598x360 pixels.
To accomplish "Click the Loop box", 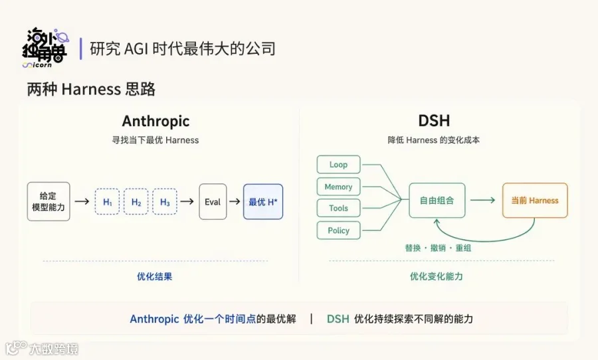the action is (338, 164).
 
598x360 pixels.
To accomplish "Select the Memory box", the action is (338, 187).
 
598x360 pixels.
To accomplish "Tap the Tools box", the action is (338, 208).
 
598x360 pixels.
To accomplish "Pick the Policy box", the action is (338, 230).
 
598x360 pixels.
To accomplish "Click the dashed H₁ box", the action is (107, 201).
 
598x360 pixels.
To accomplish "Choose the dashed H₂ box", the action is (136, 201).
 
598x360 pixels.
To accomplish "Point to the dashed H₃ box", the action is (165, 201).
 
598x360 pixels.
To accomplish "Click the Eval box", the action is (213, 202).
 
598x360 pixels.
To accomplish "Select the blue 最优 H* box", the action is (263, 202).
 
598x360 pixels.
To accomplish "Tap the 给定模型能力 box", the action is (49, 201).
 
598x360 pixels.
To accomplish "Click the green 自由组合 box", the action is (437, 200).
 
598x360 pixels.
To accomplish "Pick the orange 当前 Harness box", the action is (535, 200).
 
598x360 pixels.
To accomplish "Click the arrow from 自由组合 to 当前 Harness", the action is (482, 200).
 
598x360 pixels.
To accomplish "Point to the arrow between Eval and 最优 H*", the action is (235, 201).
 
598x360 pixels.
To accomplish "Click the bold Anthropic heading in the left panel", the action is (155, 122).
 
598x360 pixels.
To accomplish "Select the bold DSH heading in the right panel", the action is (434, 121).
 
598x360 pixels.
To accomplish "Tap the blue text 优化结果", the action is (154, 276).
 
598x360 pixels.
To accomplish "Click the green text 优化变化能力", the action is (437, 276).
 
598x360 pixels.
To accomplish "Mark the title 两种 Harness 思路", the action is (91, 89).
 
